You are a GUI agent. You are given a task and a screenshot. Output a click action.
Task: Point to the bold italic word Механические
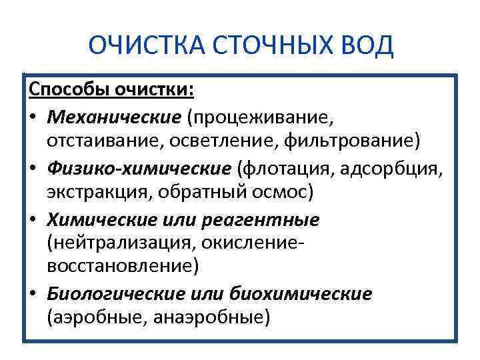click(114, 117)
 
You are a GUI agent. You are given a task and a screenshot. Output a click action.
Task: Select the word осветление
click(224, 141)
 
